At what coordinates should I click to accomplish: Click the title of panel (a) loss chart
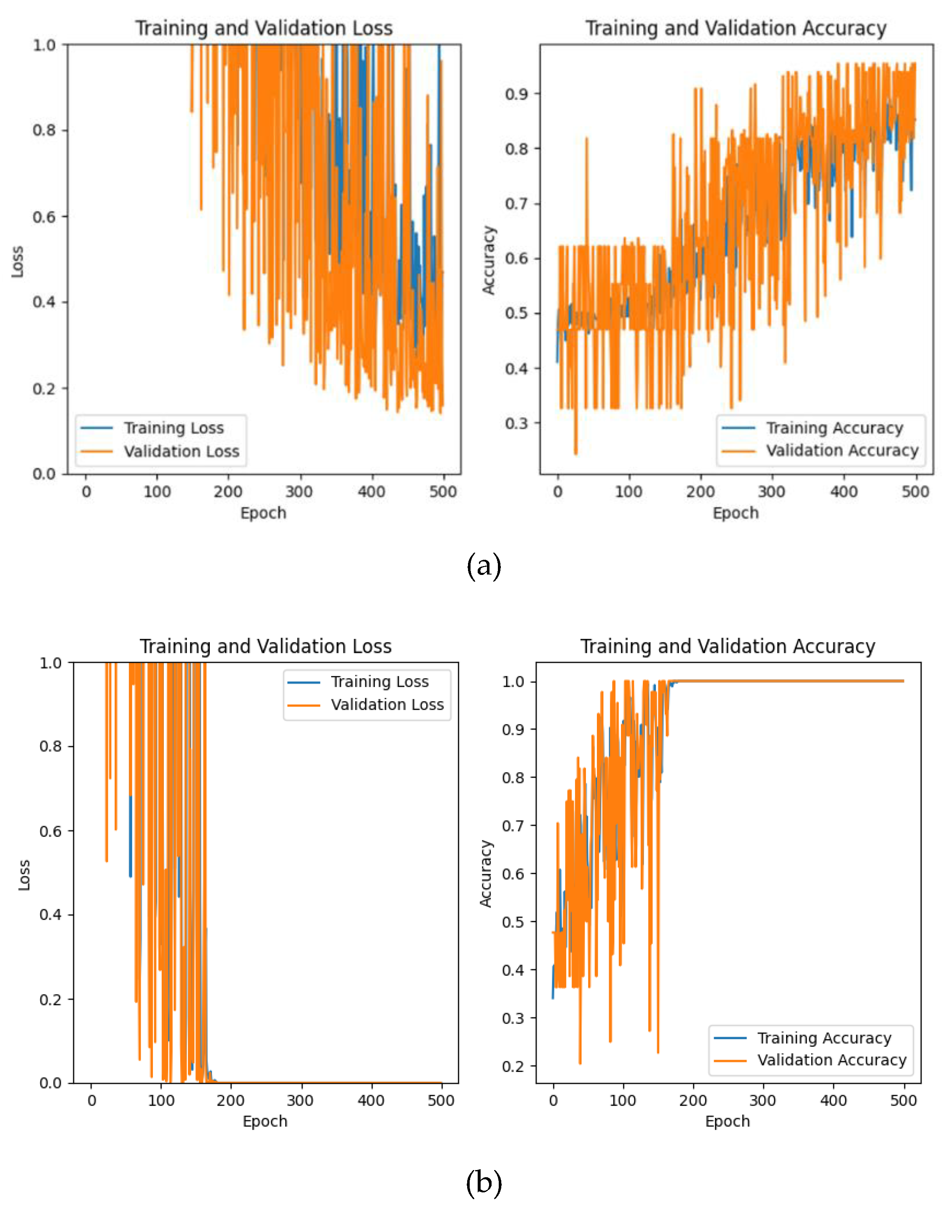[264, 28]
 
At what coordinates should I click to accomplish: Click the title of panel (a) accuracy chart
[735, 28]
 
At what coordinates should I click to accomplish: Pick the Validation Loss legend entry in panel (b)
[387, 705]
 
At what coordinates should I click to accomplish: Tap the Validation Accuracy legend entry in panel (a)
[842, 450]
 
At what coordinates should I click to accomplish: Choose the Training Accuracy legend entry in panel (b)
[824, 1038]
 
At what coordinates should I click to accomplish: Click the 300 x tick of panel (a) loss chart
[300, 492]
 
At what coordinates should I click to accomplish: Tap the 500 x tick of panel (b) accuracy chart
[903, 1101]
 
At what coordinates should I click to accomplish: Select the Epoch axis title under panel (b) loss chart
[265, 1121]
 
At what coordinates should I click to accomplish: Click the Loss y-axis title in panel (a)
[17, 261]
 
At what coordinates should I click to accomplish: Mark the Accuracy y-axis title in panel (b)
[486, 873]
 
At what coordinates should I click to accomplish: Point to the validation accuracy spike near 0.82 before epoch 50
[586, 139]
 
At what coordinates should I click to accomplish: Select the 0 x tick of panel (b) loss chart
[92, 1101]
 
